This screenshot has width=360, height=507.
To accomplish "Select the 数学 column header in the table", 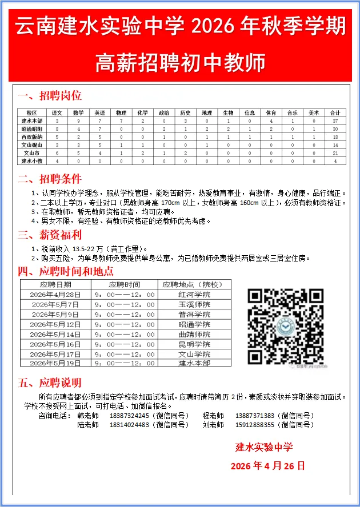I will [78, 113].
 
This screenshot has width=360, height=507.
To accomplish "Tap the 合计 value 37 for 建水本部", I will [336, 121].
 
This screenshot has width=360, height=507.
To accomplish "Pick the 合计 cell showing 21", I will [336, 154].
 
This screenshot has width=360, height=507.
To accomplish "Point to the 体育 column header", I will [271, 113].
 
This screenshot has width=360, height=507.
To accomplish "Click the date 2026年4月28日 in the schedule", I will [55, 295].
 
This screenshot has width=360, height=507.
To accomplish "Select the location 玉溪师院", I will [194, 304].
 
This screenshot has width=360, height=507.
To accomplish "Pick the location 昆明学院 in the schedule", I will [194, 344].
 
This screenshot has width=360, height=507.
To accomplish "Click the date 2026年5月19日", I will [55, 363].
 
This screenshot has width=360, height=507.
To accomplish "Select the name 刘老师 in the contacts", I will [213, 425].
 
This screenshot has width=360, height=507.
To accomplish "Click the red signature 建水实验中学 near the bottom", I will [264, 446].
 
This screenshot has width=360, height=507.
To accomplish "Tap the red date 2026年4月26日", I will [267, 466].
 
